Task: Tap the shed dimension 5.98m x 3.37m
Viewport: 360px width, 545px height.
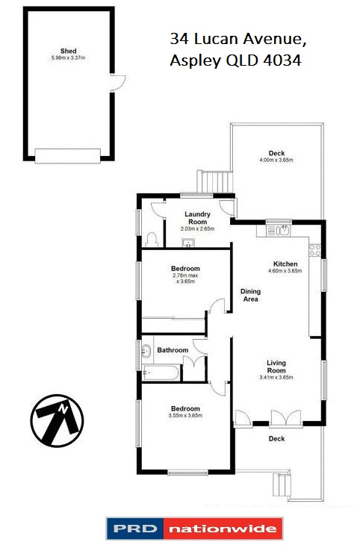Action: click(66, 58)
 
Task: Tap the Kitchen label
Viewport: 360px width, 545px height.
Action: click(285, 264)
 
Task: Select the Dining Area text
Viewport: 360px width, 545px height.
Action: click(249, 295)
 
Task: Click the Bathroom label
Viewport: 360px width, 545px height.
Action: click(171, 349)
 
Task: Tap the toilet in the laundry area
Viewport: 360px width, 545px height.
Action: click(152, 238)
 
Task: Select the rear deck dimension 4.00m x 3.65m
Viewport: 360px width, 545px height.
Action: click(276, 160)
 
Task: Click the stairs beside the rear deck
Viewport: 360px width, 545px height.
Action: click(215, 181)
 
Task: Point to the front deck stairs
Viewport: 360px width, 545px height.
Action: click(283, 485)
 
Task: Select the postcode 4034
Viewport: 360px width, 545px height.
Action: click(281, 62)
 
